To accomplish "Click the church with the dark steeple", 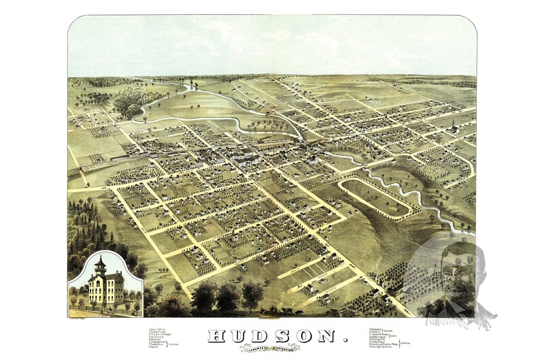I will (453, 127).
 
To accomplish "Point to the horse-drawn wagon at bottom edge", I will (289, 312).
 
